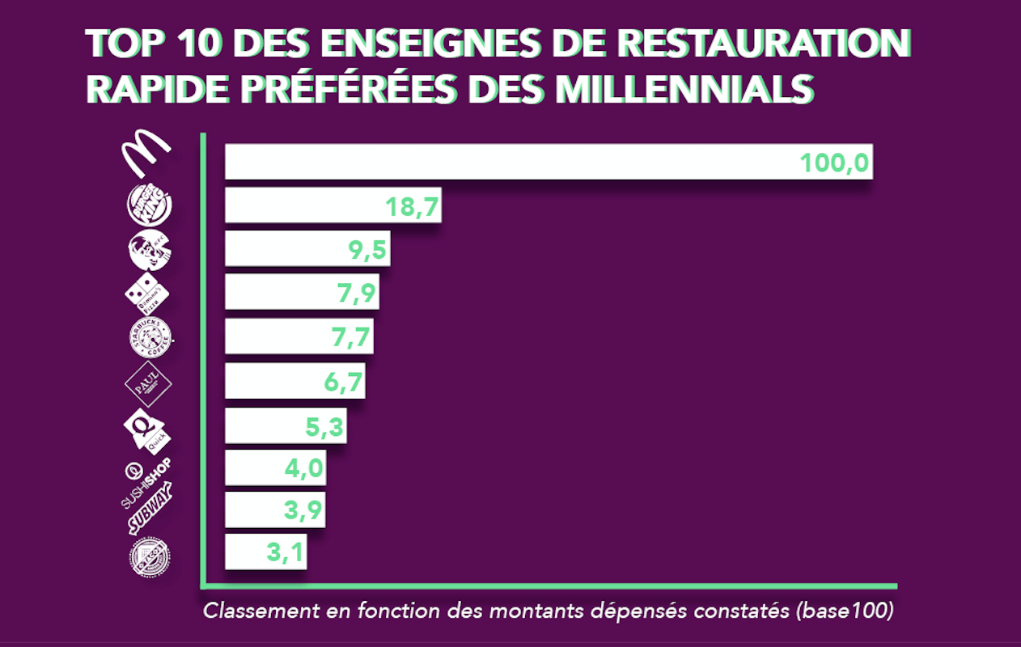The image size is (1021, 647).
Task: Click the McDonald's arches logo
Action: (x=146, y=154)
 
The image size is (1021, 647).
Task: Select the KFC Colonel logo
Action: (x=150, y=249)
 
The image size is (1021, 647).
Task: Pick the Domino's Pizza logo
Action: (x=147, y=293)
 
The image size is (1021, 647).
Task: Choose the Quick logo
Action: (x=146, y=429)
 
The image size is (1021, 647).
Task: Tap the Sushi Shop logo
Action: (x=146, y=482)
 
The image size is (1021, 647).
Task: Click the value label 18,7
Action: (x=412, y=207)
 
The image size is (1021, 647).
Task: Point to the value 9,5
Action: (x=363, y=251)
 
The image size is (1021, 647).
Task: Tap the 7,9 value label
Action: (x=357, y=294)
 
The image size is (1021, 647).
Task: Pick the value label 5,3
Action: (x=327, y=426)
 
